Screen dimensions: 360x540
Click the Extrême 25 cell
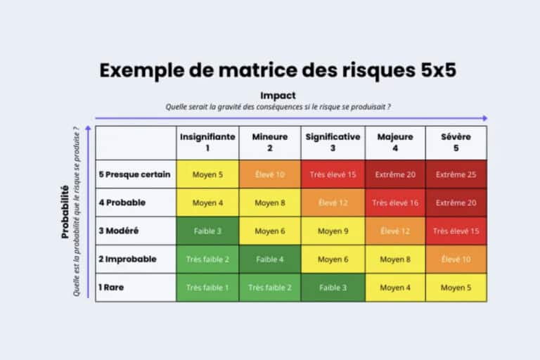456,174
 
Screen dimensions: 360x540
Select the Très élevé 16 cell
395,202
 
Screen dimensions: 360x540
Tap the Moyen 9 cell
333,231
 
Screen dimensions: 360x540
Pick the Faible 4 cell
270,259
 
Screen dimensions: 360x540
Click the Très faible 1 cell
207,288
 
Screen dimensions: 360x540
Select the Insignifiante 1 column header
207,143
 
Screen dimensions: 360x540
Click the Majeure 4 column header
395,143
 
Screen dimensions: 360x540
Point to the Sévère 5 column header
456,143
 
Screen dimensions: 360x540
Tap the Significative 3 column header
333,143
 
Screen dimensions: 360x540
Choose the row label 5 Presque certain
134,174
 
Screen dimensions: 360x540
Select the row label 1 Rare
112,288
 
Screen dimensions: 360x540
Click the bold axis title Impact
278,95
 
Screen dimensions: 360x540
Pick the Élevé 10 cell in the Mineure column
270,174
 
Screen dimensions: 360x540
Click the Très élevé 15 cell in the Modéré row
456,231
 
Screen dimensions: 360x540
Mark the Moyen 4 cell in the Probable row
207,202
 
